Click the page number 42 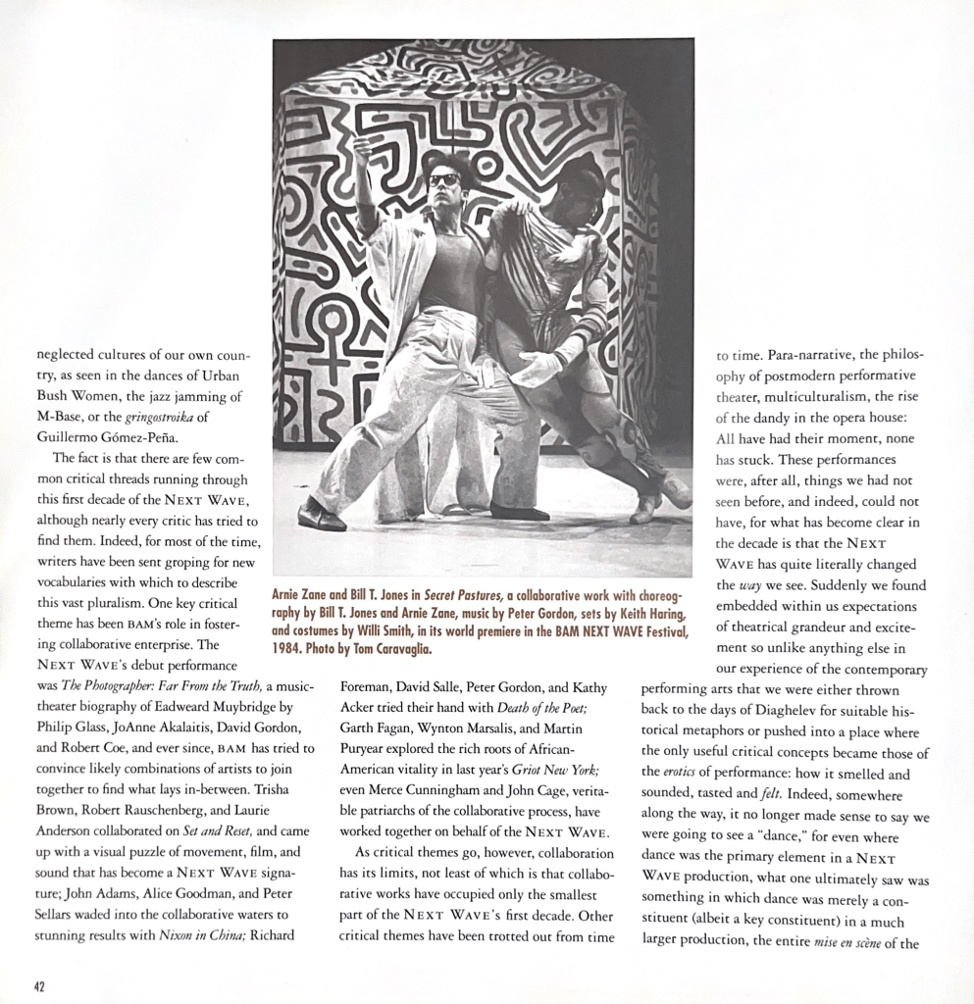[x=39, y=986]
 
